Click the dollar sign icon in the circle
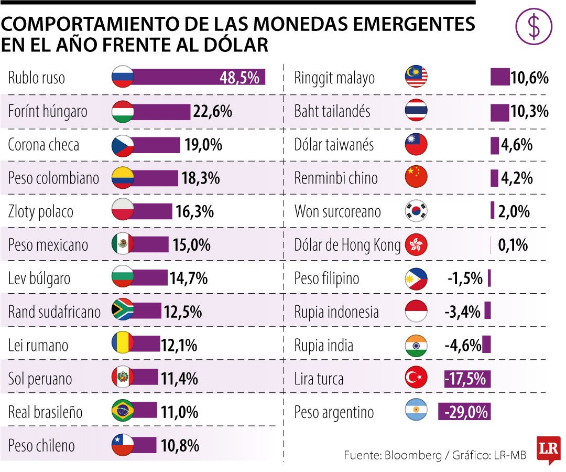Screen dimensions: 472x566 tap(534, 27)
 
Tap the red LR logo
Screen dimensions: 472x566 tap(548, 449)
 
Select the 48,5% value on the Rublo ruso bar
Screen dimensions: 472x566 tap(240, 78)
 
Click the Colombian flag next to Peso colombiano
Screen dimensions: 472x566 tap(123, 178)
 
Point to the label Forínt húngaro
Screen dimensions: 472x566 tap(48, 112)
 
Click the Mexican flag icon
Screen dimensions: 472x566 tap(123, 244)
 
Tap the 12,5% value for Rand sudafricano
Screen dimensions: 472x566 tap(182, 312)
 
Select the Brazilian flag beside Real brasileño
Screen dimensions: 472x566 tap(123, 412)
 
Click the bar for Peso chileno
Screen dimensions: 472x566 tap(145, 446)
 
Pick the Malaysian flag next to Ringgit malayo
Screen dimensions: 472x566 tap(417, 78)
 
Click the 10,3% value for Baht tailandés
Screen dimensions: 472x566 tap(529, 112)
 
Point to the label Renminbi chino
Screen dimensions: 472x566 tap(336, 178)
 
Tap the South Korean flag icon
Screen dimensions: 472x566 tap(417, 211)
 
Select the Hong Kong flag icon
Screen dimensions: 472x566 tap(417, 244)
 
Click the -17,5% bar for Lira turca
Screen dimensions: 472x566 tap(467, 379)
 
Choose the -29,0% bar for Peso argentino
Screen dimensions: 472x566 tap(464, 412)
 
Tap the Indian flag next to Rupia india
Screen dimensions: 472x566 tap(417, 345)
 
